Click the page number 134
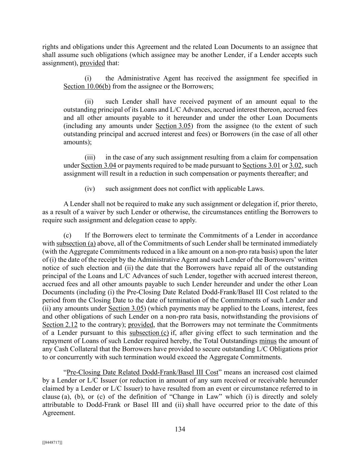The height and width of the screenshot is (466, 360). [x=180, y=429]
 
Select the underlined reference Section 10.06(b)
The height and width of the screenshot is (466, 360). [x=87, y=86]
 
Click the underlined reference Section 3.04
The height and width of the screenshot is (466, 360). [x=98, y=166]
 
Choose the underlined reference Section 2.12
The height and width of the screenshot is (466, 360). [x=60, y=325]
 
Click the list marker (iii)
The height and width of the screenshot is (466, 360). [x=90, y=157]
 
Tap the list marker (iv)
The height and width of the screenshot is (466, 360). [x=90, y=188]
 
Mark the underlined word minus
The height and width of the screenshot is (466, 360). [x=268, y=341]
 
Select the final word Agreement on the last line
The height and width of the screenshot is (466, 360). [x=58, y=413]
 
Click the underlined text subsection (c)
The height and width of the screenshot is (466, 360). [x=149, y=333]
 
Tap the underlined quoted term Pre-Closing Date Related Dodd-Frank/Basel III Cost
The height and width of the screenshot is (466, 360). [x=142, y=372]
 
